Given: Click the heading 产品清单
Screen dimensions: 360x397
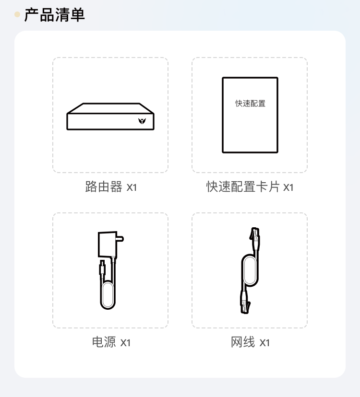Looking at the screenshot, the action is pyautogui.click(x=54, y=15).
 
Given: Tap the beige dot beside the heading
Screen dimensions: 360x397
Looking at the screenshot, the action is pyautogui.click(x=17, y=14).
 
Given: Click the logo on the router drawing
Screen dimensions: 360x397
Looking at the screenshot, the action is pyautogui.click(x=142, y=121).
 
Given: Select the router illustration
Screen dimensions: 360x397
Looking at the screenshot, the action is pyautogui.click(x=110, y=117).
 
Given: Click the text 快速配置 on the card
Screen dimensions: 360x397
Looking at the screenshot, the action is pyautogui.click(x=250, y=103).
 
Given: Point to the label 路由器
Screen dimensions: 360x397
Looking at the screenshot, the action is pyautogui.click(x=104, y=187).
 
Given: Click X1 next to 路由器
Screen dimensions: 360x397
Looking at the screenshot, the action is pyautogui.click(x=132, y=187).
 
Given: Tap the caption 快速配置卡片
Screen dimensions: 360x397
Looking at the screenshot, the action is pyautogui.click(x=243, y=187).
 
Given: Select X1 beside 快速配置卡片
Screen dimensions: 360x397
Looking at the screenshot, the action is pyautogui.click(x=288, y=187).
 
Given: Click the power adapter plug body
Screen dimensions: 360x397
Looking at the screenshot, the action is pyautogui.click(x=108, y=245).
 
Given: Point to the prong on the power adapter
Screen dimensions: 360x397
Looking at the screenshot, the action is pyautogui.click(x=120, y=239).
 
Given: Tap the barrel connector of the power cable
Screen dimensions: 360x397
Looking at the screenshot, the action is pyautogui.click(x=102, y=268).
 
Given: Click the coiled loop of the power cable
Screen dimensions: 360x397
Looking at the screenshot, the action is pyautogui.click(x=108, y=295).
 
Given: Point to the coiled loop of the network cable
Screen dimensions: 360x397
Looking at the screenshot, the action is pyautogui.click(x=250, y=270).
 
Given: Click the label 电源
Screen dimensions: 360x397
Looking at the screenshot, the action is pyautogui.click(x=104, y=342).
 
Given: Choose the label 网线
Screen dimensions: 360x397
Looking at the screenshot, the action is pyautogui.click(x=243, y=342).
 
